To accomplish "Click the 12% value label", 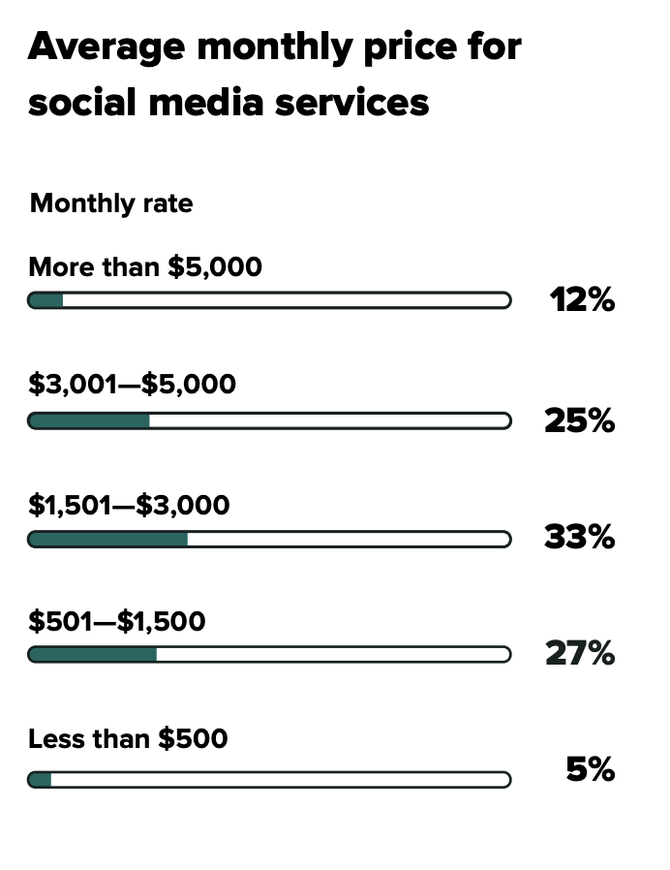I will pyautogui.click(x=582, y=300).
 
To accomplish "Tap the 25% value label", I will pyautogui.click(x=579, y=420).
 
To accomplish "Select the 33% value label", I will pyautogui.click(x=579, y=536).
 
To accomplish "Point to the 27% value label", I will pyautogui.click(x=579, y=654).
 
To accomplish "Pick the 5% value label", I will pyautogui.click(x=590, y=770).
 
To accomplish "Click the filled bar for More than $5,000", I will pyautogui.click(x=46, y=300).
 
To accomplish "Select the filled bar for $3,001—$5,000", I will pyautogui.click(x=89, y=420).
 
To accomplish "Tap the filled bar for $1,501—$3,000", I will pyautogui.click(x=108, y=539).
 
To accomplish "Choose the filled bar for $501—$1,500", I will pyautogui.click(x=93, y=655).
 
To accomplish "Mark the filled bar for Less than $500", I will pyautogui.click(x=41, y=780).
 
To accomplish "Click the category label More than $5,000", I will pyautogui.click(x=145, y=266).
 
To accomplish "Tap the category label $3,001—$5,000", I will pyautogui.click(x=132, y=385).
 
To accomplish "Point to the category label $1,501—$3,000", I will pyautogui.click(x=129, y=505).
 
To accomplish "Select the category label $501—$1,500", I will pyautogui.click(x=116, y=621).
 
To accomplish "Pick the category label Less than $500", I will pyautogui.click(x=128, y=739).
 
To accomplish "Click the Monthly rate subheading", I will pyautogui.click(x=111, y=203).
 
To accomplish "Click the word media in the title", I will pyautogui.click(x=222, y=102).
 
